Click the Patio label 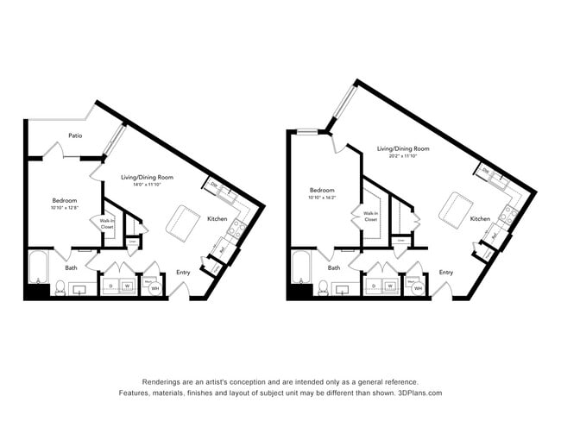(x=76, y=135)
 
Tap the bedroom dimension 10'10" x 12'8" (x=65, y=208)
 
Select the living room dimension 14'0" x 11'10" (x=154, y=184)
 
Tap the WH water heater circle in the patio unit (x=155, y=287)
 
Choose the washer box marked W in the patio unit (x=126, y=285)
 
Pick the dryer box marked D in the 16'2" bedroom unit (x=374, y=285)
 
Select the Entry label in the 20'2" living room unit (x=445, y=273)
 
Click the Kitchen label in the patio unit (x=217, y=219)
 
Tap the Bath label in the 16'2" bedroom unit (x=333, y=268)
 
